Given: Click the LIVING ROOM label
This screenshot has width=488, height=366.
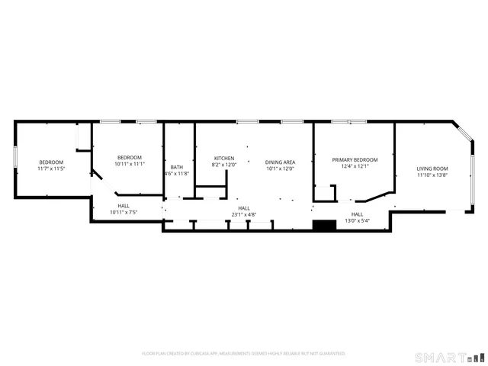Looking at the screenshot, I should coord(432,169).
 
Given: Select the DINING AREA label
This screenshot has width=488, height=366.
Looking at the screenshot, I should coord(280,162).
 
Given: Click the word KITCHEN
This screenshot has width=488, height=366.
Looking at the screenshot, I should coord(224,158).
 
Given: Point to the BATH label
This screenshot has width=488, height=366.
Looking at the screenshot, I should coord(176,168).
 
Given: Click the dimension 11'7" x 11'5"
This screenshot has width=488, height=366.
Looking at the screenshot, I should coord(51,169).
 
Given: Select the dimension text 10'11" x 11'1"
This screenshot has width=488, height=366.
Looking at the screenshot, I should coord(130,164).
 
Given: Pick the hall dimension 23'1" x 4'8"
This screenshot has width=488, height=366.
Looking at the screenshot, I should coord(244,215).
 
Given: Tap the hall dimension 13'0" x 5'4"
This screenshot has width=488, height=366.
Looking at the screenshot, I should coord(357,221).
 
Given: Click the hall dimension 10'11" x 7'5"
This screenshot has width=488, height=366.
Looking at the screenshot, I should coord(124,212).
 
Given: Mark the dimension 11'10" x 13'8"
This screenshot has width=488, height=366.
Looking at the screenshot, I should coord(432,175).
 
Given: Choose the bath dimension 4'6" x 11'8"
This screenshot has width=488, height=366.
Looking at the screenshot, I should coord(176,174).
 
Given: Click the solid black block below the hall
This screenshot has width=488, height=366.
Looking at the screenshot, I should coord(325,226).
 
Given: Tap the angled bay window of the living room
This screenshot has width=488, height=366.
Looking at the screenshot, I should coord(464,131).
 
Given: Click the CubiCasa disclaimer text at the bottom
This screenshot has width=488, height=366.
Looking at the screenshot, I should coord(244,354).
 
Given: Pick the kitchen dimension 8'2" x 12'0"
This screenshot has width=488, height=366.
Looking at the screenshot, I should coord(224,165).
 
